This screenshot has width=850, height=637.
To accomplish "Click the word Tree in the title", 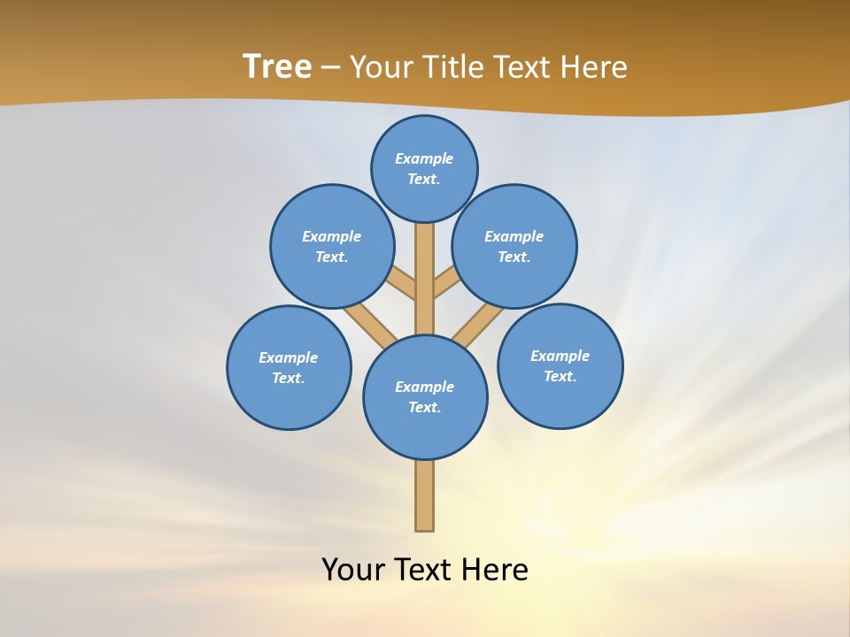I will pos(277,66).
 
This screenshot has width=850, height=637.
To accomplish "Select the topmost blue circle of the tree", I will pos(424,168).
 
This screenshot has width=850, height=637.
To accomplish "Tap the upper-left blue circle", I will pos(332,246).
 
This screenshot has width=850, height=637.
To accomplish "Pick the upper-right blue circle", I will pos(514,246).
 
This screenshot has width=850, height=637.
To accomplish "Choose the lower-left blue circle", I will pos(289,367).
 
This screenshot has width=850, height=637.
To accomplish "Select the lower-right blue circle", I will pos(560,365).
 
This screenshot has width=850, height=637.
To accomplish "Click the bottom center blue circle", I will pos(425,397).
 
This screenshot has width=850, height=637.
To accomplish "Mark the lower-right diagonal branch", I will pos(476,326).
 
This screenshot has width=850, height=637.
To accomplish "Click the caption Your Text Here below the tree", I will pos(424,569).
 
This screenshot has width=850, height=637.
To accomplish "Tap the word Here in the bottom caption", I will pos(494,569).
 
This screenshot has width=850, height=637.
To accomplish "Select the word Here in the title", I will pos(593,66).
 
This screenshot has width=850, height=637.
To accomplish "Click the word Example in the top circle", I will pos(424,158).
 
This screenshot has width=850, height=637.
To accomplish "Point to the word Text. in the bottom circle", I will pos(424,408).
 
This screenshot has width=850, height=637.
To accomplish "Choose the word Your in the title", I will pos(379,66).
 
